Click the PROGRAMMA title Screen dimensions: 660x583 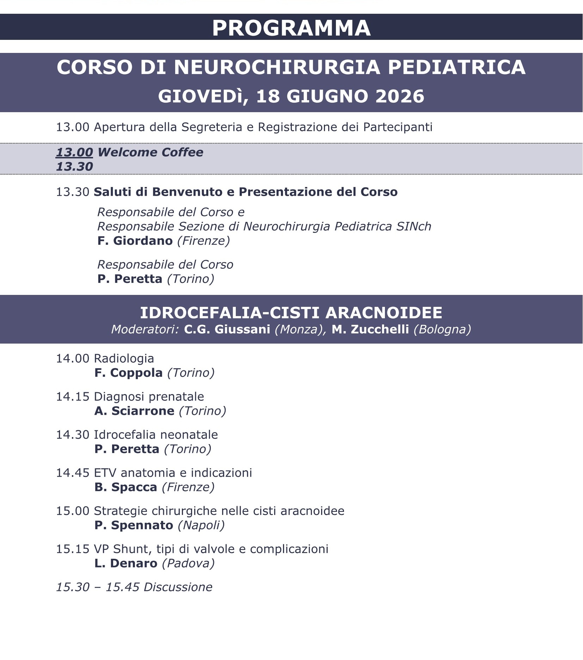[x=291, y=28]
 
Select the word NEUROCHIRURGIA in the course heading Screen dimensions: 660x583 [x=277, y=67]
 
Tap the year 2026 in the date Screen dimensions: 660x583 [x=400, y=96]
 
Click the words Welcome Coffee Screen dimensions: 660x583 [x=150, y=152]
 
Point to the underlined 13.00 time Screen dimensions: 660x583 [x=74, y=152]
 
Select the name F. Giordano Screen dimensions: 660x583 [x=135, y=241]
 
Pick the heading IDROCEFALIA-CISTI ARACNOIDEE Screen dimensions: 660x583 [x=291, y=313]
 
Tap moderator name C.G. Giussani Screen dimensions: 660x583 [x=227, y=329]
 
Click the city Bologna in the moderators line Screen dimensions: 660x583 [x=442, y=329]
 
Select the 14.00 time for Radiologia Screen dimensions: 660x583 [x=73, y=358]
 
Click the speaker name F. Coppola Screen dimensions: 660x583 [x=128, y=373]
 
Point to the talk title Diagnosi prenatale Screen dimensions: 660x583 [x=149, y=396]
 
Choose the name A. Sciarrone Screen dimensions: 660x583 [x=134, y=411]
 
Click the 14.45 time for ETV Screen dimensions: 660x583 [x=73, y=473]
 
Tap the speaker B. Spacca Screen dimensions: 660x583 [x=125, y=487]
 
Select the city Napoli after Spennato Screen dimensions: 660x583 [x=201, y=525]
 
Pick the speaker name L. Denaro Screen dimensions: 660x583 [x=126, y=563]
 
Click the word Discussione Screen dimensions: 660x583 [x=178, y=587]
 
